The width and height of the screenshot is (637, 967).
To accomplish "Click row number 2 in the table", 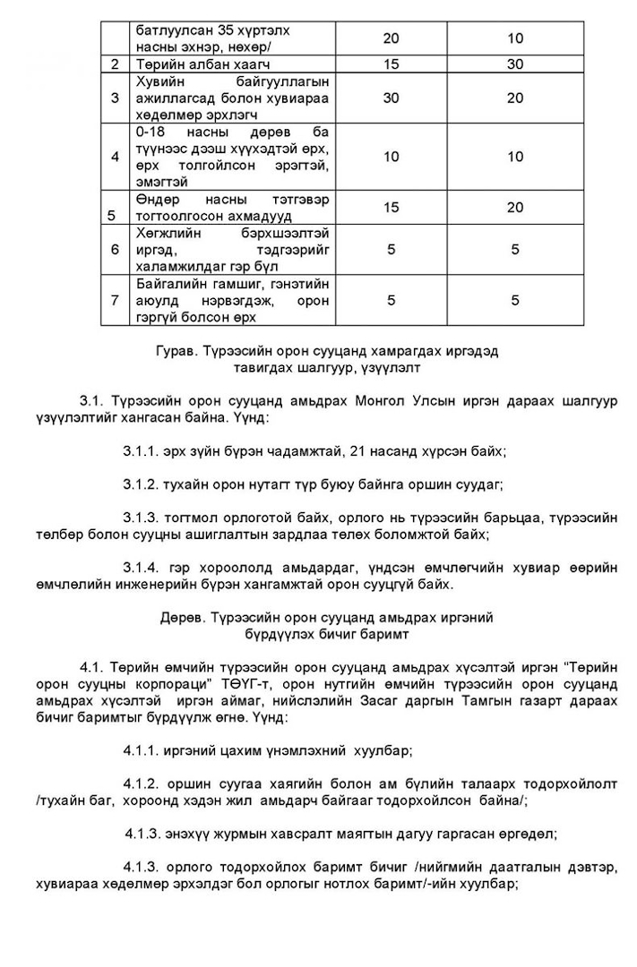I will [115, 64].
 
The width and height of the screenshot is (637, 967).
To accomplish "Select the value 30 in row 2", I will [514, 64].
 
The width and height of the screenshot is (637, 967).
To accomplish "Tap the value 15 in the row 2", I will [391, 64].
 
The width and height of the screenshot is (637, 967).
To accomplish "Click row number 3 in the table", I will [115, 98].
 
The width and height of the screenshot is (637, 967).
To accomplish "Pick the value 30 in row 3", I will [391, 98].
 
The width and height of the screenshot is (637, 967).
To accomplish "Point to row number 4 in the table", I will [115, 157].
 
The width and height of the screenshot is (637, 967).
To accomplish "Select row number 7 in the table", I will [115, 301].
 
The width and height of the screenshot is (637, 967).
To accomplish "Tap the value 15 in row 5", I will [391, 207].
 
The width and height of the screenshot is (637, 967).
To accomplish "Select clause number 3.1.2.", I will [142, 484].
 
